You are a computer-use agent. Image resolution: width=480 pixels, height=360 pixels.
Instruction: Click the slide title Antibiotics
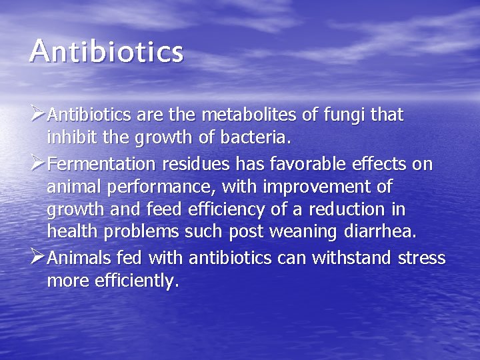tap(105, 52)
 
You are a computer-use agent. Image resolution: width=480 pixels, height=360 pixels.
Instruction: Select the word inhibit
tap(70, 139)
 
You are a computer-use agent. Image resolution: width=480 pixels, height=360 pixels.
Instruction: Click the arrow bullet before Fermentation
tap(37, 163)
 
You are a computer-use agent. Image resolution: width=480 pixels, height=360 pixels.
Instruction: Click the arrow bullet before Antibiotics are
tap(37, 115)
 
